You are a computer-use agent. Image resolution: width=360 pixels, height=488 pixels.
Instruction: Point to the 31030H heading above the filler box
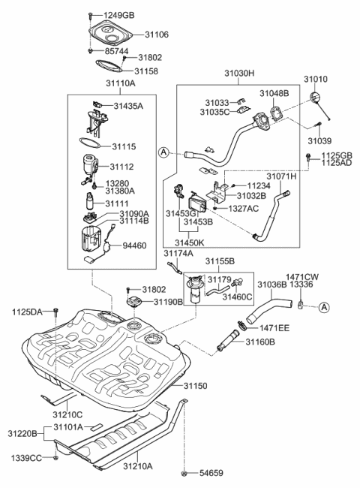[239, 74]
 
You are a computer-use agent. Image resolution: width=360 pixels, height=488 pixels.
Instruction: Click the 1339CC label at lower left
[26, 458]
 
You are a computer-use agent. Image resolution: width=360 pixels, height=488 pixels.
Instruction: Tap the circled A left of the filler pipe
[165, 153]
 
